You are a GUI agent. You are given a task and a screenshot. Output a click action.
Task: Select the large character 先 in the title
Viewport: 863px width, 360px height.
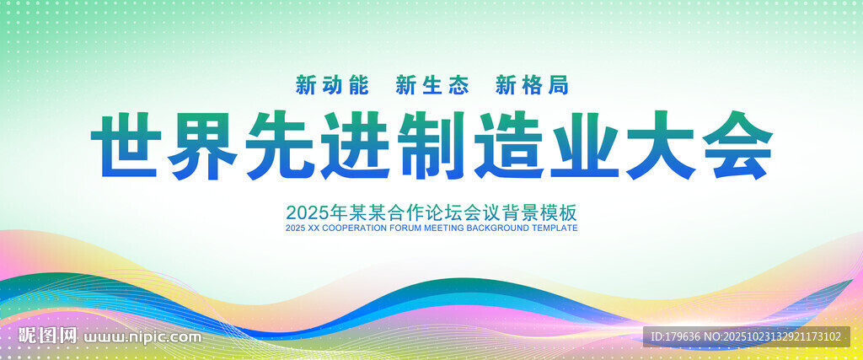coord(278,145)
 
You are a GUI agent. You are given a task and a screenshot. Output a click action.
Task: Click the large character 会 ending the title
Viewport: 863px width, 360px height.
coord(737,145)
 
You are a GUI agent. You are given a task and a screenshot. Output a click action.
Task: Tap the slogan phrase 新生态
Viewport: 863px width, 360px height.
coord(432,85)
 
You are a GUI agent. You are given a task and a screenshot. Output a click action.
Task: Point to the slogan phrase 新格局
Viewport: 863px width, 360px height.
coord(532,85)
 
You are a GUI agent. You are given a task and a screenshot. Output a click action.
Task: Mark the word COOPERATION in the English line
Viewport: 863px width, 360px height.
coord(350,228)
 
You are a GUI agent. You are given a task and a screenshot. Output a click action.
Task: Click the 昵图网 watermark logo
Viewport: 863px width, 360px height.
coord(47,336)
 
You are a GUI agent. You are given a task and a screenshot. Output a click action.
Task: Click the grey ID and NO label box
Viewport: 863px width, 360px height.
coord(747,336)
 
